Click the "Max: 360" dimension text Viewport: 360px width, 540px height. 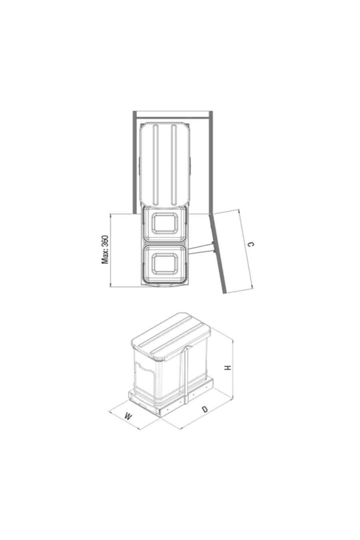tap(105, 250)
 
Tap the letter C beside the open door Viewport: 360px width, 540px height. tap(251, 244)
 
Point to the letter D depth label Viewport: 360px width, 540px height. tap(205, 409)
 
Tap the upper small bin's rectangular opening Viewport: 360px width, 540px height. tap(165, 223)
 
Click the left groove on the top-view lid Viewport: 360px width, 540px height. tap(156, 165)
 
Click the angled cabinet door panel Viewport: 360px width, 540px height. tap(218, 253)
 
